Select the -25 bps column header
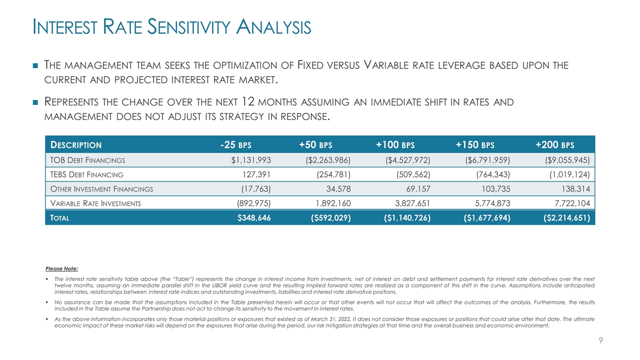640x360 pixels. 235,145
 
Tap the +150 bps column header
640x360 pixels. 474,145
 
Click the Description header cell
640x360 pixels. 75,145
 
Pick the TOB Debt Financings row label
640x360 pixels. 86,160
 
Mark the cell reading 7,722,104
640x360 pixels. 567,203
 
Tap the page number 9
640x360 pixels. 601,340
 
